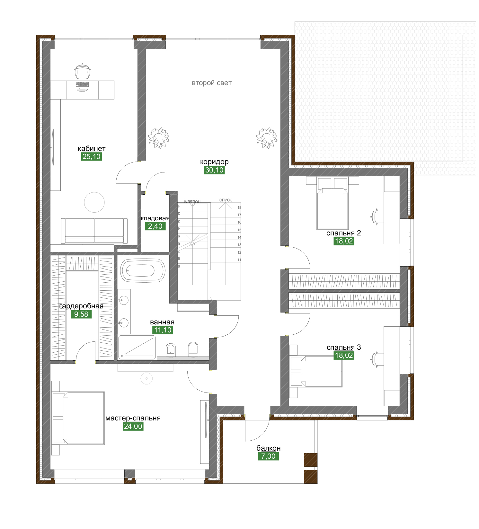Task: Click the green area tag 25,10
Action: click(92, 157)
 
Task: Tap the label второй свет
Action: click(211, 83)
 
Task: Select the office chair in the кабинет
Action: click(83, 71)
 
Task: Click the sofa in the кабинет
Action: click(94, 231)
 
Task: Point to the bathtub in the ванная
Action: click(142, 270)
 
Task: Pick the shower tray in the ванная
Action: click(137, 347)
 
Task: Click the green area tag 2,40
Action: click(155, 226)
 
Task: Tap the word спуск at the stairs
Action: click(226, 200)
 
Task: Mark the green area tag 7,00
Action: click(268, 456)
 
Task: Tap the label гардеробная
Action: click(81, 306)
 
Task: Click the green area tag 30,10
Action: click(214, 170)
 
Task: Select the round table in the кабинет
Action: click(94, 202)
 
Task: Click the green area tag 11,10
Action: click(163, 330)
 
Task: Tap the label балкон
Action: click(268, 448)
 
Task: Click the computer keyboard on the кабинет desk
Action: click(82, 84)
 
